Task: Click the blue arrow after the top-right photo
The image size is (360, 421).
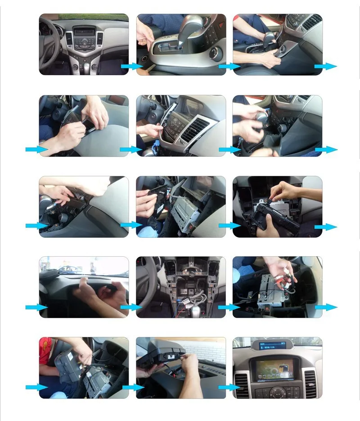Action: [x=325, y=66]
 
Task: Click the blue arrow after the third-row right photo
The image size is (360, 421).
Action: [x=325, y=227]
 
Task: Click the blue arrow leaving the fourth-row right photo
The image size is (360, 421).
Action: [x=325, y=307]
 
